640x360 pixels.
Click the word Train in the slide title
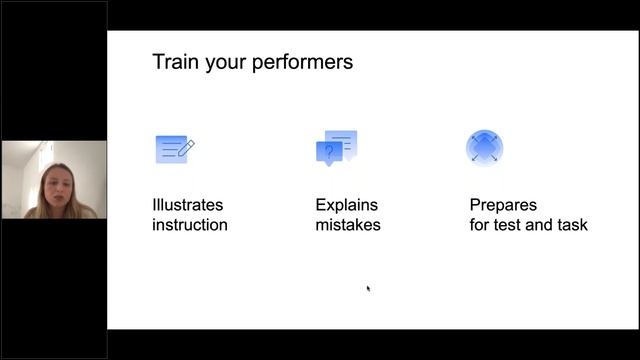click(174, 62)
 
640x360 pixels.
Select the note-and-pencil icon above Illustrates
click(174, 149)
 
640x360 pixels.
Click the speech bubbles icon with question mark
click(336, 148)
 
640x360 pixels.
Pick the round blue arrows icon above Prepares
click(485, 148)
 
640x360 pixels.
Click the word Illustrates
click(188, 205)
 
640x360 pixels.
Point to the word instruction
click(190, 225)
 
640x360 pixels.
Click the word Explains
click(347, 205)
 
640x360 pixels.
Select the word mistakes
click(348, 225)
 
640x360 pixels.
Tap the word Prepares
click(504, 205)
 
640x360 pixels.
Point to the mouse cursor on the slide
click(368, 289)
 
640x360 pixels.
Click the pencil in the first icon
click(186, 147)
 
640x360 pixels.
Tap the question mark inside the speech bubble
click(328, 153)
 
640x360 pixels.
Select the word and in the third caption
click(540, 225)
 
